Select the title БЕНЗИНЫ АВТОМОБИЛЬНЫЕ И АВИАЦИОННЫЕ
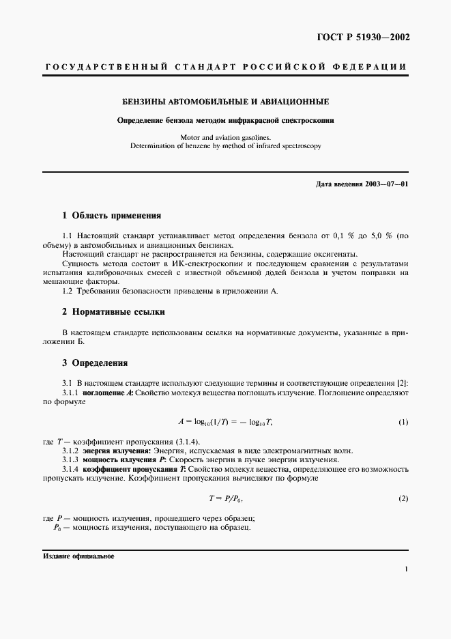click(225, 102)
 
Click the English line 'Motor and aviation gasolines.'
click(225, 137)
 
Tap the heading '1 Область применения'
click(111, 215)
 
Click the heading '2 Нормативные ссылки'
click(113, 312)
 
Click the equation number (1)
click(403, 423)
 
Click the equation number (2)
click(403, 499)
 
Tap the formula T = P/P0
click(225, 499)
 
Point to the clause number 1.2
click(68, 291)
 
